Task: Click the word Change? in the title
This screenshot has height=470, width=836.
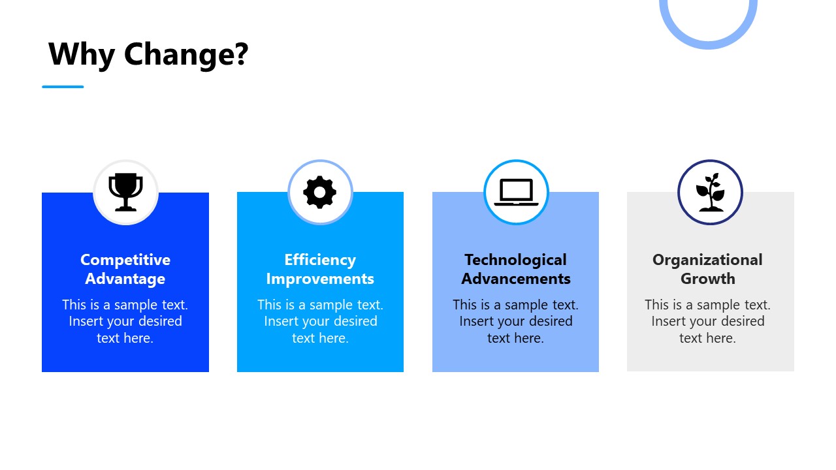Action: (x=186, y=54)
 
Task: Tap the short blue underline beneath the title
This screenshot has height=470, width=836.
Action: (x=63, y=86)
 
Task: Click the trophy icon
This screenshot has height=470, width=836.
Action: (x=125, y=192)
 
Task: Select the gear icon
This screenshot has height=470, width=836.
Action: (x=320, y=193)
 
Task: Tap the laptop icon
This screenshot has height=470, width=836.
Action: (x=516, y=193)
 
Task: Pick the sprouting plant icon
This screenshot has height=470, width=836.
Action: (x=710, y=193)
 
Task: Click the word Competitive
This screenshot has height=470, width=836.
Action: (x=125, y=260)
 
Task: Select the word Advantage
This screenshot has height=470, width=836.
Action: (x=125, y=279)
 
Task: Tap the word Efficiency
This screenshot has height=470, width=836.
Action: (x=320, y=260)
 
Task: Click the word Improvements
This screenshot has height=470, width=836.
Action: (x=320, y=279)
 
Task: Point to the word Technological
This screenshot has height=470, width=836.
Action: (x=515, y=260)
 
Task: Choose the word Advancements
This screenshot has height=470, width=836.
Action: (x=515, y=279)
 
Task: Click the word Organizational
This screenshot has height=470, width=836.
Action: (x=707, y=260)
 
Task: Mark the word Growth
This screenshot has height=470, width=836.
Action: (x=707, y=279)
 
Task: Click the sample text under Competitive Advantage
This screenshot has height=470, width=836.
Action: (x=125, y=321)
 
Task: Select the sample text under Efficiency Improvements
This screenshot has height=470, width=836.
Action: (x=320, y=321)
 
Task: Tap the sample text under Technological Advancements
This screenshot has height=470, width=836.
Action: (x=515, y=321)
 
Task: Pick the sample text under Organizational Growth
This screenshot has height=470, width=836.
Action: (x=707, y=321)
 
